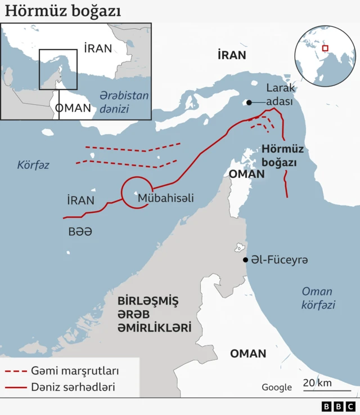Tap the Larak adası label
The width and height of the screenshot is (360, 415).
tap(280, 95)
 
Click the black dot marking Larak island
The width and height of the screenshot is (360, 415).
tap(247, 102)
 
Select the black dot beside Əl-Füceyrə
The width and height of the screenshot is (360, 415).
tap(245, 260)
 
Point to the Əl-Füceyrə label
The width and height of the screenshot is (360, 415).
tap(279, 260)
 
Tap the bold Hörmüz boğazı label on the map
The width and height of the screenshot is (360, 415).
tap(283, 156)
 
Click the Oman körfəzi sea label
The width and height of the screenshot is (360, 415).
tap(318, 298)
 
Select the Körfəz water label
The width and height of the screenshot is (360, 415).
tap(33, 165)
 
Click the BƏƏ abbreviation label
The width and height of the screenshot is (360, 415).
tap(80, 231)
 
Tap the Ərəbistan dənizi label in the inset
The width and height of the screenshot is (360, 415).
tap(124, 101)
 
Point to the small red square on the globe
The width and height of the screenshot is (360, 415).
tap(325, 48)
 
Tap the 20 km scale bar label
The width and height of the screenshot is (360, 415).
tap(317, 383)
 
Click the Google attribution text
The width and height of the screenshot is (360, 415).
tap(277, 387)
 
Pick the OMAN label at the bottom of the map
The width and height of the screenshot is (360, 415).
tap(248, 353)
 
